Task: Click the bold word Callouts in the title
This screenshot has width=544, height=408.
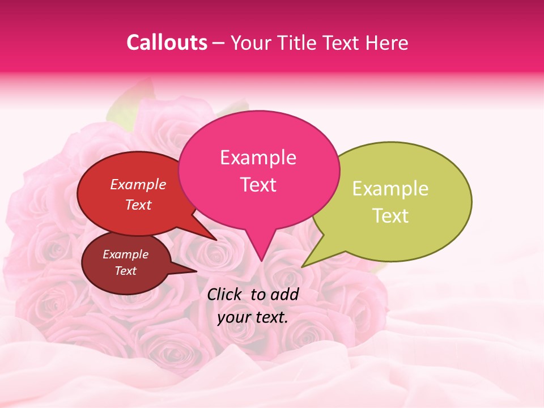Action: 167,42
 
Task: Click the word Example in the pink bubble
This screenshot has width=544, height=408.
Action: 258,158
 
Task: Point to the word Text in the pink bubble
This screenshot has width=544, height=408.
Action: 258,185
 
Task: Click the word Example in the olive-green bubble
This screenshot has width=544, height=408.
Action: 390,189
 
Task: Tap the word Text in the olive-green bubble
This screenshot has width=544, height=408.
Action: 390,216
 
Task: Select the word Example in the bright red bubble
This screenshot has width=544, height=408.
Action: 138,184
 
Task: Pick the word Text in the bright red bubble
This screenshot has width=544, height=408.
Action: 138,205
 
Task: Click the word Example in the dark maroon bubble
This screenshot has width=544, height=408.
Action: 125,254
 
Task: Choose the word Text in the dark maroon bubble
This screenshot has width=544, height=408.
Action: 125,271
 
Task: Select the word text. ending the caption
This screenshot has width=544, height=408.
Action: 271,317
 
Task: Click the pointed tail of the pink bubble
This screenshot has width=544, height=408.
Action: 261,258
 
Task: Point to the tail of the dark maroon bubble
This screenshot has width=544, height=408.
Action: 193,271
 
